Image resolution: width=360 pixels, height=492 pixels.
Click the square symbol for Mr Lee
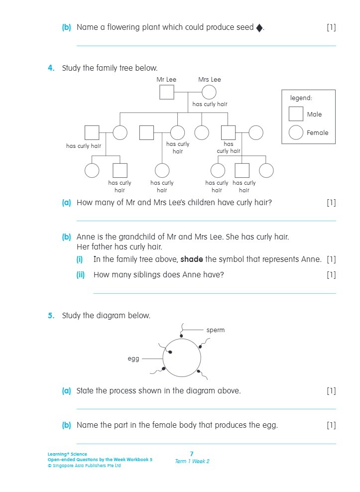click(x=166, y=93)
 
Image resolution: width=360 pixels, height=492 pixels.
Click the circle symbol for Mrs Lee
click(x=209, y=93)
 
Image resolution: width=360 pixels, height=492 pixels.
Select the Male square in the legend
click(x=296, y=114)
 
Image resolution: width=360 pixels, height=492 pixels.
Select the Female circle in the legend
click(x=296, y=132)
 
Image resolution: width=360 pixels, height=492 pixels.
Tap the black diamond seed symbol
click(x=259, y=28)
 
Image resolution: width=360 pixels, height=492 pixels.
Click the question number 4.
click(x=51, y=68)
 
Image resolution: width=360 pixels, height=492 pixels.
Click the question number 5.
click(x=51, y=315)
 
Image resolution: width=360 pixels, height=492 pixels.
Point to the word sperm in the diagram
click(x=216, y=330)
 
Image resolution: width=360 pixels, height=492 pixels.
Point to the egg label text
click(x=133, y=359)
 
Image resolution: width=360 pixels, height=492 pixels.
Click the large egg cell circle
click(x=182, y=358)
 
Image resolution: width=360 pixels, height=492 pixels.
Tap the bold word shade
click(x=191, y=259)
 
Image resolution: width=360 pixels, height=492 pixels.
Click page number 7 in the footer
click(x=192, y=454)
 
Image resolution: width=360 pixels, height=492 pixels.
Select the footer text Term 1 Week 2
click(x=192, y=461)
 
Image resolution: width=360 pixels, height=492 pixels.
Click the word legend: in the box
click(x=301, y=98)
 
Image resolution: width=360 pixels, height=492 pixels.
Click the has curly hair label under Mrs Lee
click(x=210, y=104)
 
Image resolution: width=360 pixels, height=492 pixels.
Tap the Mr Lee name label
click(x=166, y=79)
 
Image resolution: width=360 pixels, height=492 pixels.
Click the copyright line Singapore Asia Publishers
click(x=84, y=466)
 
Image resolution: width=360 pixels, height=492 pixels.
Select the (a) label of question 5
click(x=66, y=391)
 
